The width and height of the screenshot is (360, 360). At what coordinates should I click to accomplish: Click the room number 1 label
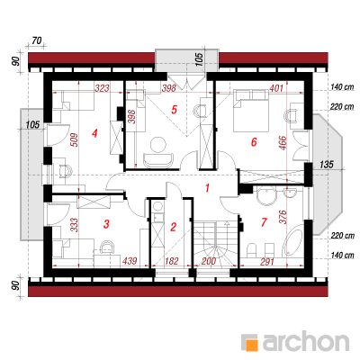207,188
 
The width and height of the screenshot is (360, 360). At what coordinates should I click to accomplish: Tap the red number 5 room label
174,110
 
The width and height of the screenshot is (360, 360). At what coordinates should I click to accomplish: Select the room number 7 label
264,222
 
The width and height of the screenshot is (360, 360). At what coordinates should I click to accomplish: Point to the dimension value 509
75,139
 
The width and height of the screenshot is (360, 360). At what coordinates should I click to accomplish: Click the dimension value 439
130,261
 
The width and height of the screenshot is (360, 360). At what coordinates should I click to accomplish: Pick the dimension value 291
267,262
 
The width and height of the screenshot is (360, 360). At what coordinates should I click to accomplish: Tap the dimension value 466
283,142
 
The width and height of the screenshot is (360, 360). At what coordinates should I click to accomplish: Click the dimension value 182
172,261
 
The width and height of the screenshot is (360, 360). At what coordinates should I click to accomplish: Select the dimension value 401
276,88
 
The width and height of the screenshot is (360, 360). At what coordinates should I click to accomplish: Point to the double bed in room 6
251,110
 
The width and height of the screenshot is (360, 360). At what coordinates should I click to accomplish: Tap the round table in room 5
158,144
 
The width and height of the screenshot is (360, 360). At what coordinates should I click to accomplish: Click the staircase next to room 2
215,244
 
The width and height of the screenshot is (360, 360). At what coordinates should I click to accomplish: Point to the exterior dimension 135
327,165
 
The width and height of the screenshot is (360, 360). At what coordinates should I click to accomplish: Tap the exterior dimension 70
36,40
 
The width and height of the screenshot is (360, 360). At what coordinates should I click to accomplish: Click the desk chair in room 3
107,247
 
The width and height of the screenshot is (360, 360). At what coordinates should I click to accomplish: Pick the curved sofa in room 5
158,160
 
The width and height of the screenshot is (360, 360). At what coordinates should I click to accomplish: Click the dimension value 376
283,217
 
